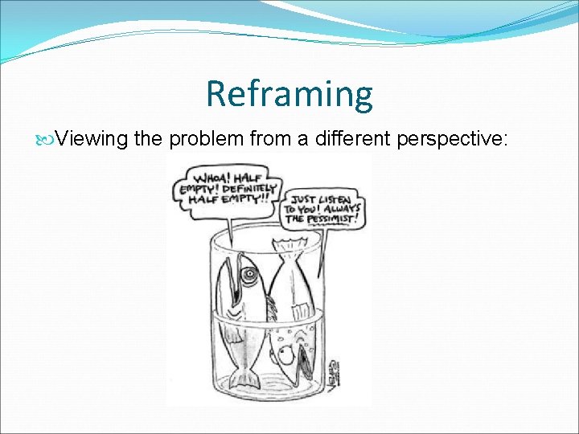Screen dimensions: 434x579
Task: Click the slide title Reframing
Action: point(289,93)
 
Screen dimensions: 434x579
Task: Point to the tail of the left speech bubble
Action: point(232,230)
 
